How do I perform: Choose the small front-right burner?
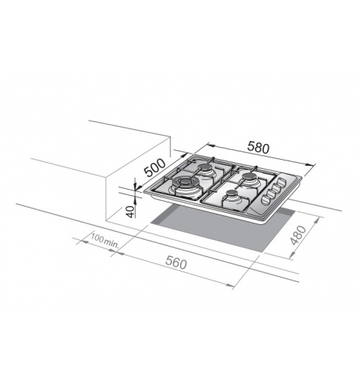pyautogui.click(x=233, y=198)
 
